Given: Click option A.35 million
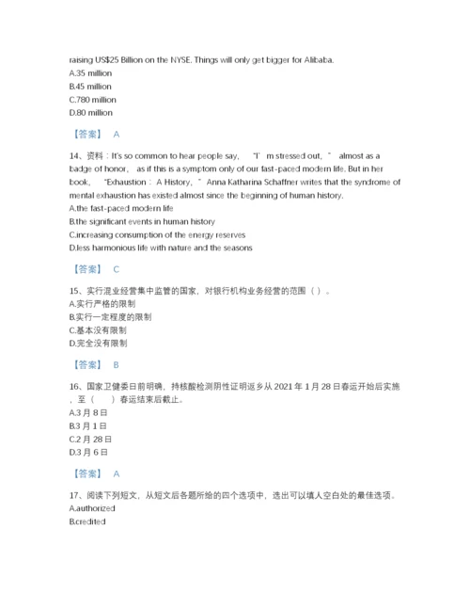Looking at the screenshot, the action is [91, 72].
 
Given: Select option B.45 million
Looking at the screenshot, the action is [91, 86].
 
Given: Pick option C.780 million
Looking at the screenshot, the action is [93, 99].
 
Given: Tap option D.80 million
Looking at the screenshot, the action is [91, 112].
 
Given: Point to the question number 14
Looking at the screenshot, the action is [76, 156].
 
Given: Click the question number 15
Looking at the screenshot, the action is [76, 291].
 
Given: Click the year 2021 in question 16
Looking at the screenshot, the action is [305, 386].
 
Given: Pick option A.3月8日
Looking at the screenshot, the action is [89, 412].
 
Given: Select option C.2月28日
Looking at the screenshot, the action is [92, 439].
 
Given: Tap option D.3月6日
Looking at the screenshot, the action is [89, 452].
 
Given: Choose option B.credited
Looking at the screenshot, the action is [87, 521].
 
